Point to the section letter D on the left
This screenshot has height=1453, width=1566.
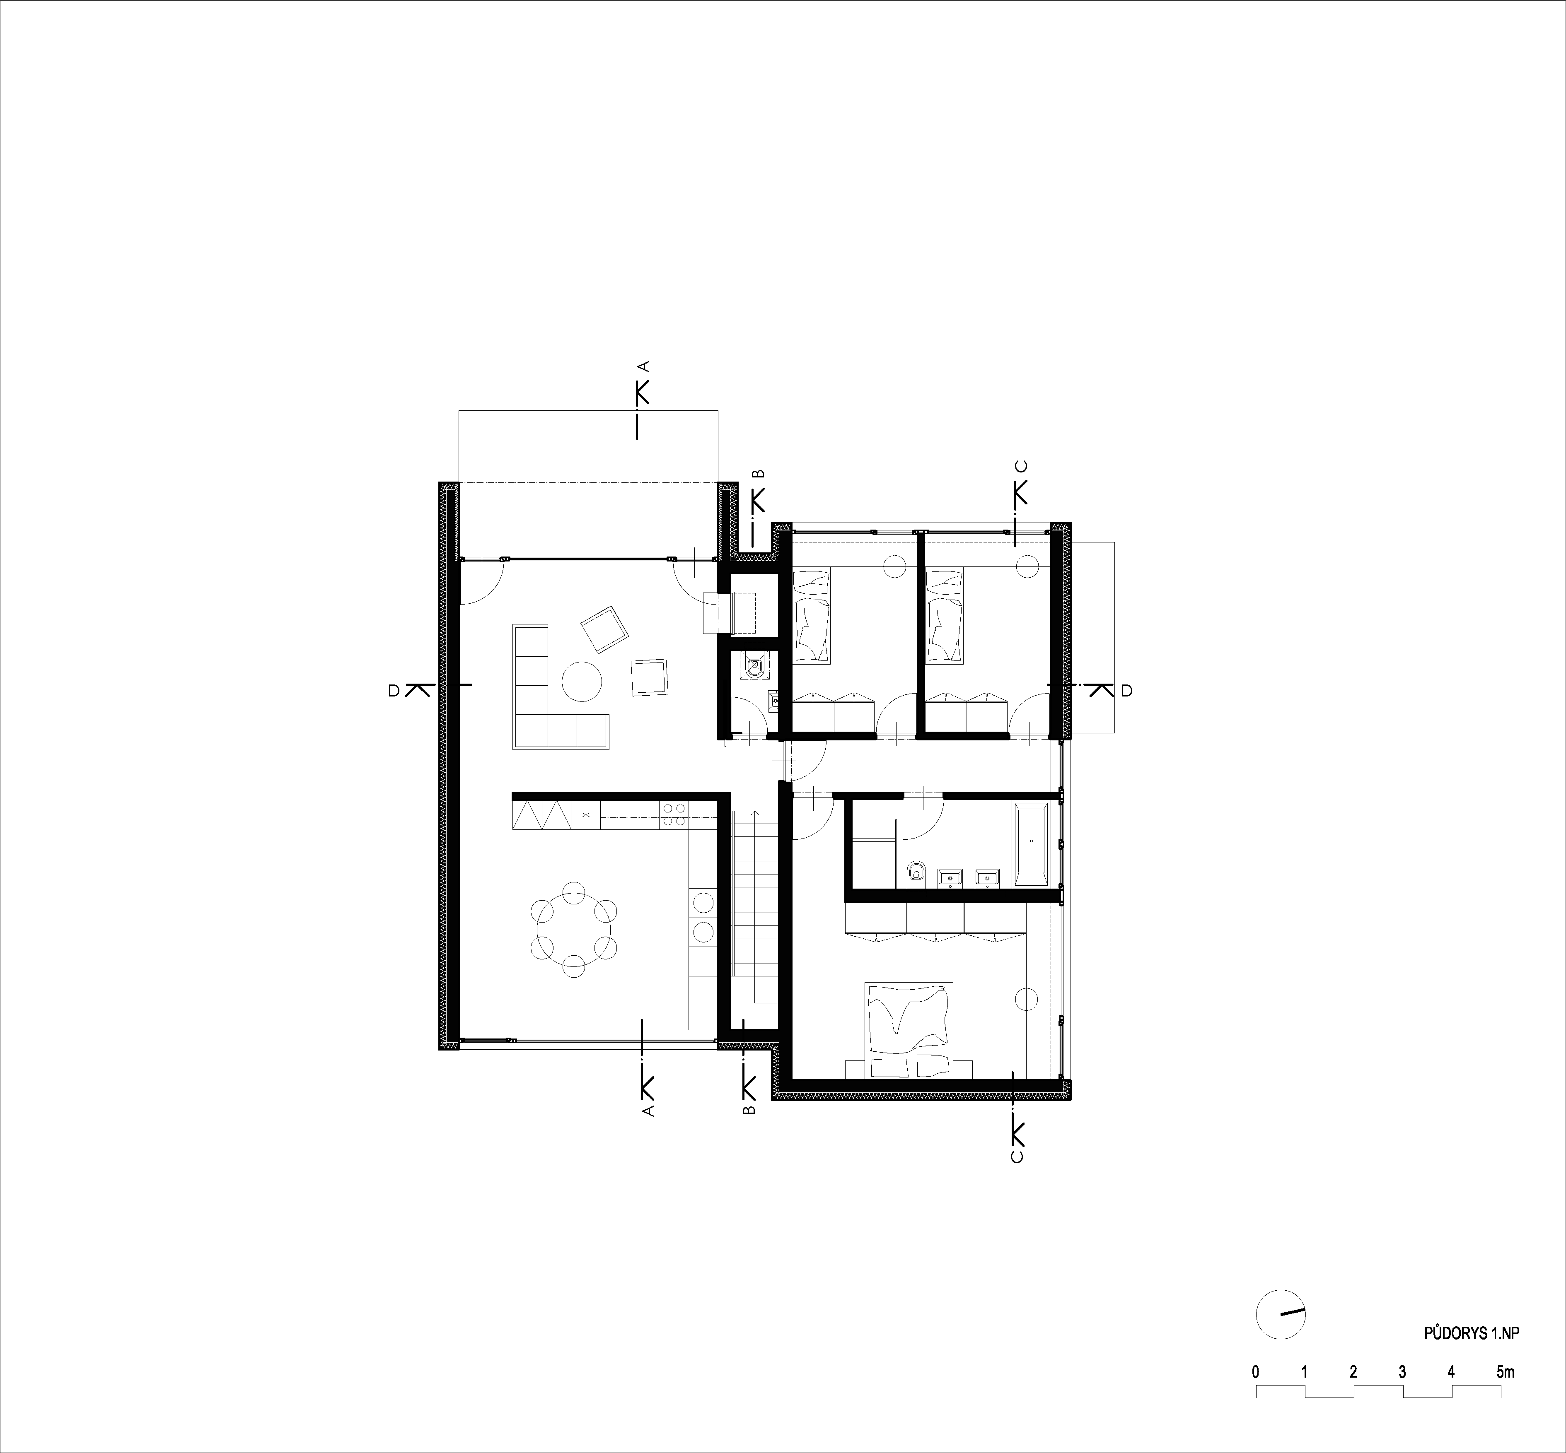pyautogui.click(x=392, y=690)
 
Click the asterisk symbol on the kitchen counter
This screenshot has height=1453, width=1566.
pyautogui.click(x=585, y=814)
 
